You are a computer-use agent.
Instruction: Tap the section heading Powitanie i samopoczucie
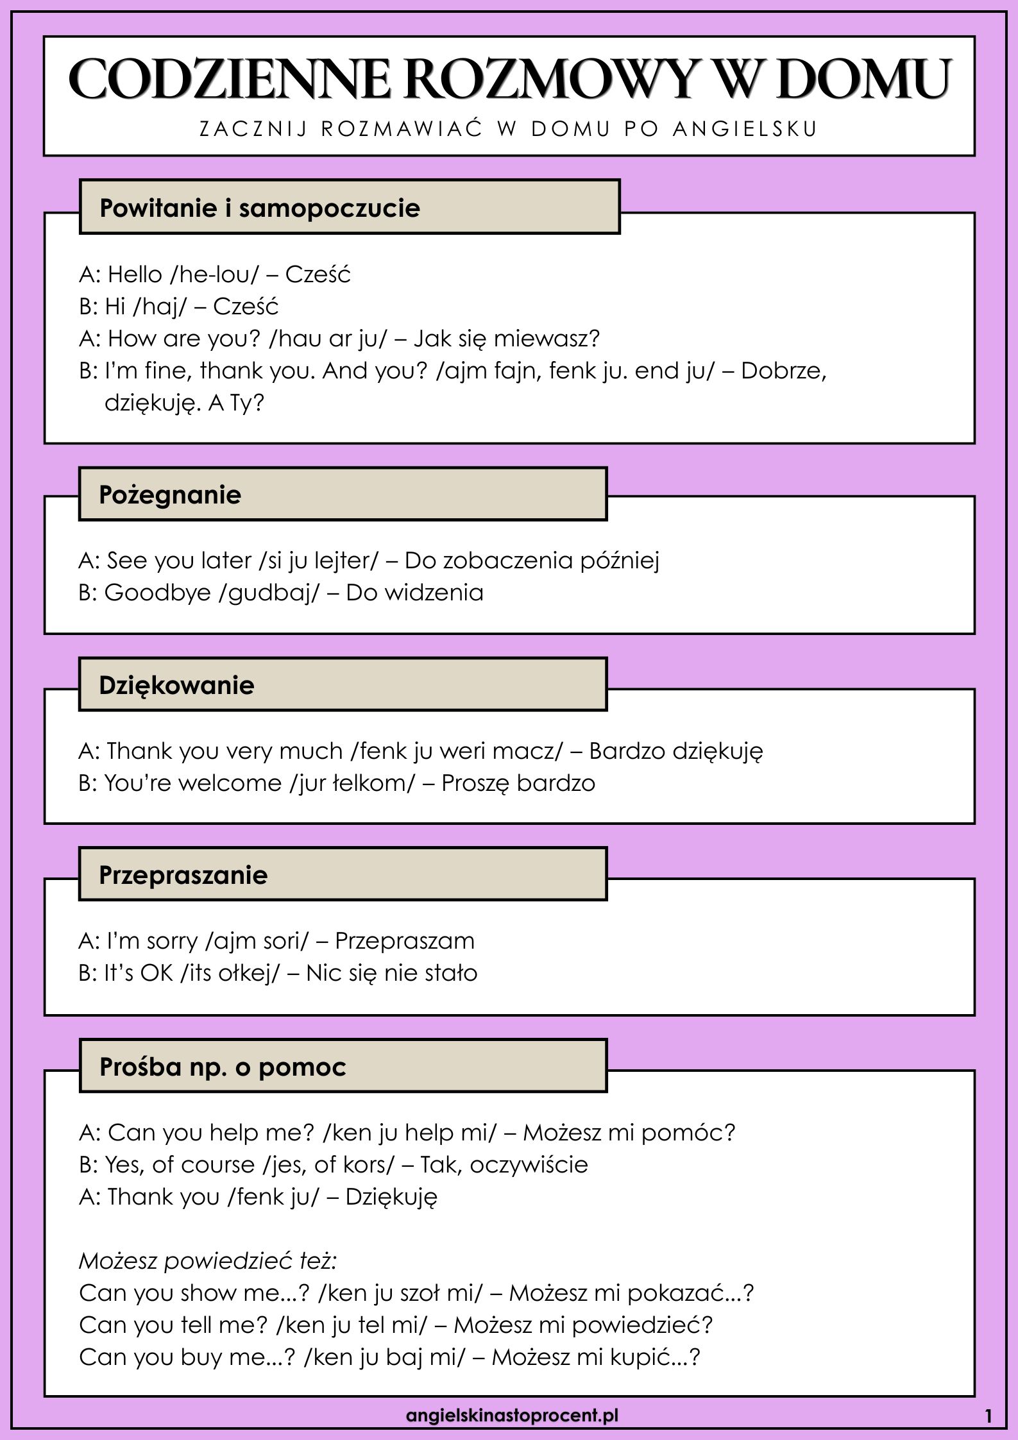click(x=260, y=208)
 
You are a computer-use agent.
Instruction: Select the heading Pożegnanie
click(x=170, y=495)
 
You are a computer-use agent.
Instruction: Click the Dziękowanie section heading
click(x=176, y=685)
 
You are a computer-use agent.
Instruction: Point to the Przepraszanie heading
click(x=183, y=875)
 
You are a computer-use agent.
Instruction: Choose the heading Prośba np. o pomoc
click(x=223, y=1067)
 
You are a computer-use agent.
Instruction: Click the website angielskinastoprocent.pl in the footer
click(x=512, y=1414)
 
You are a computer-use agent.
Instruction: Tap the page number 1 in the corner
click(x=988, y=1416)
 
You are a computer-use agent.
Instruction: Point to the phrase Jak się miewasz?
click(x=506, y=338)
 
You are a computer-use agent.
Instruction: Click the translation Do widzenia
click(x=414, y=592)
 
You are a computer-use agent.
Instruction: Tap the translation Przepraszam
click(x=405, y=941)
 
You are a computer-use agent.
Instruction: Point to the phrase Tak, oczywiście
click(x=504, y=1164)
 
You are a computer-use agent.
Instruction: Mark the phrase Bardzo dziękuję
click(x=676, y=750)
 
